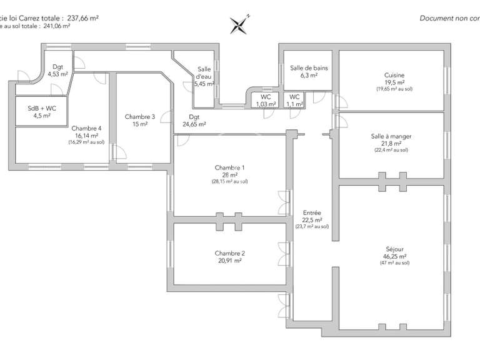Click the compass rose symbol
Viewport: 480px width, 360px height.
pos(240,24)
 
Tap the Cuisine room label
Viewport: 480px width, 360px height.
pos(394,76)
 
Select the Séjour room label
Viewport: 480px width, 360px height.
pos(394,249)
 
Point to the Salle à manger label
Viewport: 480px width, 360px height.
pos(391,136)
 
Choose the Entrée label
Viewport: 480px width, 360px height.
pos(312,212)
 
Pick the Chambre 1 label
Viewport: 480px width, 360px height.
pos(229,167)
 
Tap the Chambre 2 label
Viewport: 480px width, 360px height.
pos(229,253)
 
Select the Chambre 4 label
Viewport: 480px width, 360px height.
pos(87,128)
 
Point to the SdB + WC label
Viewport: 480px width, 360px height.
pos(42,108)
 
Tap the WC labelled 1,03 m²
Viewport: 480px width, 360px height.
pos(266,97)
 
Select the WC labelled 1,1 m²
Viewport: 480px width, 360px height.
pos(294,97)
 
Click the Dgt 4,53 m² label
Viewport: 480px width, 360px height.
pos(57,67)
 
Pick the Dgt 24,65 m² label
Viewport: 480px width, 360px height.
pos(194,117)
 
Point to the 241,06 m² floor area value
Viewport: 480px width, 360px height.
pos(54,26)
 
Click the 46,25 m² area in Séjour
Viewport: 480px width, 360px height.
pos(394,256)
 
